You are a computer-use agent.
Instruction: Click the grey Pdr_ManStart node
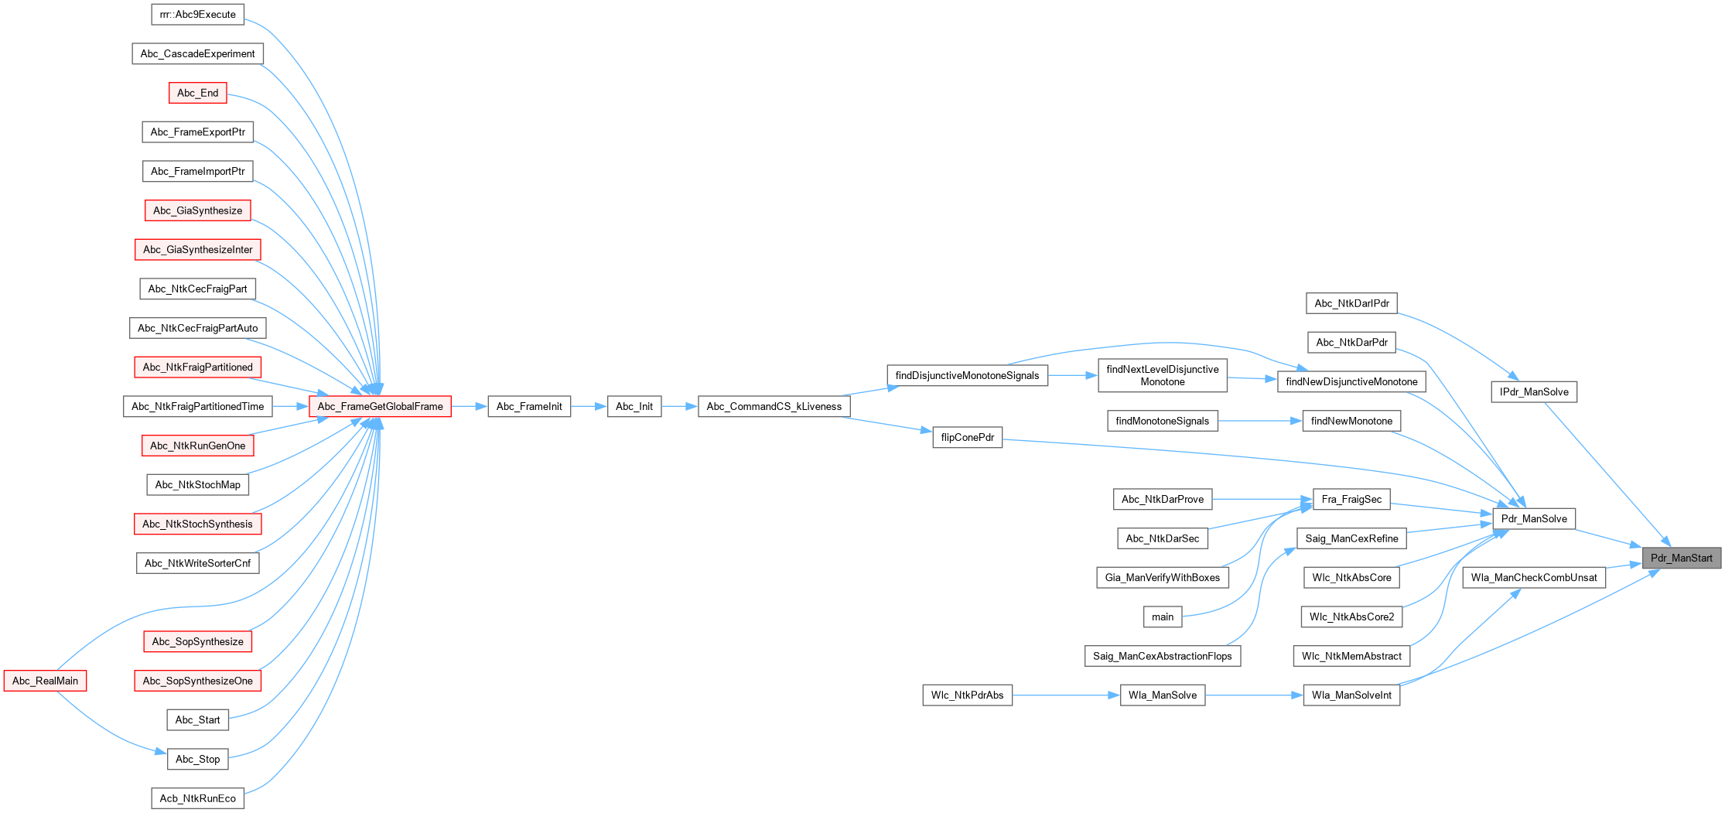[x=1681, y=558]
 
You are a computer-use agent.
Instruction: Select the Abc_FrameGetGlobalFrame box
[x=380, y=406]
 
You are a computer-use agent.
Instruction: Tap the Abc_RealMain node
[x=45, y=681]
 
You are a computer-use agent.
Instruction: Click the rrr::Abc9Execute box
[x=197, y=14]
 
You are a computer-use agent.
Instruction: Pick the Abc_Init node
[x=634, y=406]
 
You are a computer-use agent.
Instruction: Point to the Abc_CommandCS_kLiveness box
[x=774, y=406]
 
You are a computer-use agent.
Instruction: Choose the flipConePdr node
[x=967, y=437]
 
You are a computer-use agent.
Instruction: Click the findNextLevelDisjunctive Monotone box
[x=1162, y=375]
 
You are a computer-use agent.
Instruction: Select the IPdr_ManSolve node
[x=1534, y=391]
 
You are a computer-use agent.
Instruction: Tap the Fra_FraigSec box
[x=1351, y=499]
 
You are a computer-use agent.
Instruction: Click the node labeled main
[x=1163, y=617]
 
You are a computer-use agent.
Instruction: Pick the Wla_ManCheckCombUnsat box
[x=1534, y=577]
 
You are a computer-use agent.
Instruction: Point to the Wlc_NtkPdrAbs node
[x=967, y=695]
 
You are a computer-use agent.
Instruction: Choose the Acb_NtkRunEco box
[x=197, y=798]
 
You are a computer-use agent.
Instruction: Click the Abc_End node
[x=197, y=93]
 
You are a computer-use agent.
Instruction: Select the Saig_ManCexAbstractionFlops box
[x=1162, y=656]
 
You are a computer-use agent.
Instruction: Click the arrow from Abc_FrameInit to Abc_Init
[x=589, y=406]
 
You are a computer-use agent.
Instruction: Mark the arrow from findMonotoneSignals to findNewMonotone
[x=1260, y=421]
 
